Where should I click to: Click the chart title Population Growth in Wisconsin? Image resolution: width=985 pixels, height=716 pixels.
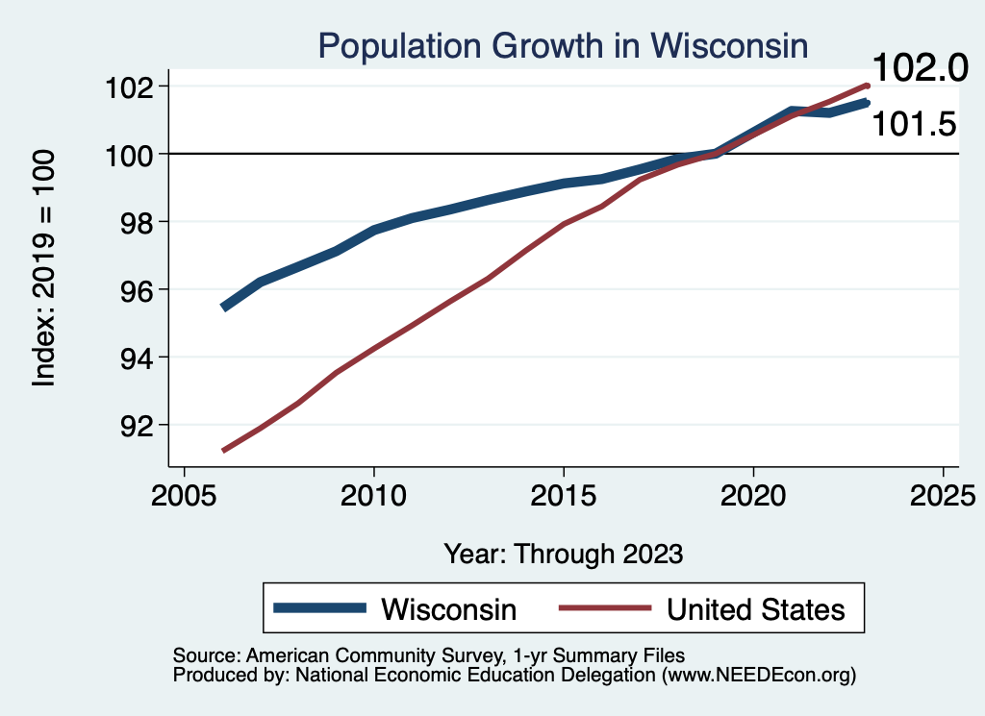point(563,45)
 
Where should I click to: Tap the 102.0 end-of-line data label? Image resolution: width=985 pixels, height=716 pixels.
point(917,68)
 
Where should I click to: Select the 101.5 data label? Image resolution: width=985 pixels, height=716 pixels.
point(914,124)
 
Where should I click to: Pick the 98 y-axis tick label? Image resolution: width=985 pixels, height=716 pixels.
point(134,222)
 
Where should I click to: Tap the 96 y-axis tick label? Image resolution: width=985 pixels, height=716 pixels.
point(134,289)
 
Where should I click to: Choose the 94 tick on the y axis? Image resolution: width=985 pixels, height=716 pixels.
point(134,358)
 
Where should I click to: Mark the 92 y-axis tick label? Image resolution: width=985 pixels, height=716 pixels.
point(134,425)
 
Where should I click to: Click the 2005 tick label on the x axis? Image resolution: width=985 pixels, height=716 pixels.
point(184,497)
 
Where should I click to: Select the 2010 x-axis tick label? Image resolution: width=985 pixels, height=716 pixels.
point(373,497)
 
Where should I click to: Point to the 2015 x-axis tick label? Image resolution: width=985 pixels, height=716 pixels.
point(563,497)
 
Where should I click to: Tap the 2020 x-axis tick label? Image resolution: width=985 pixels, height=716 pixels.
point(752,497)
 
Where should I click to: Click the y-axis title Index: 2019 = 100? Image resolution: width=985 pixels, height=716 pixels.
point(44,268)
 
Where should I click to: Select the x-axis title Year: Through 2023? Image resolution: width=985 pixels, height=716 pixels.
point(564,554)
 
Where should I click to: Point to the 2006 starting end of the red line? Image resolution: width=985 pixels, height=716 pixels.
point(223,450)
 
